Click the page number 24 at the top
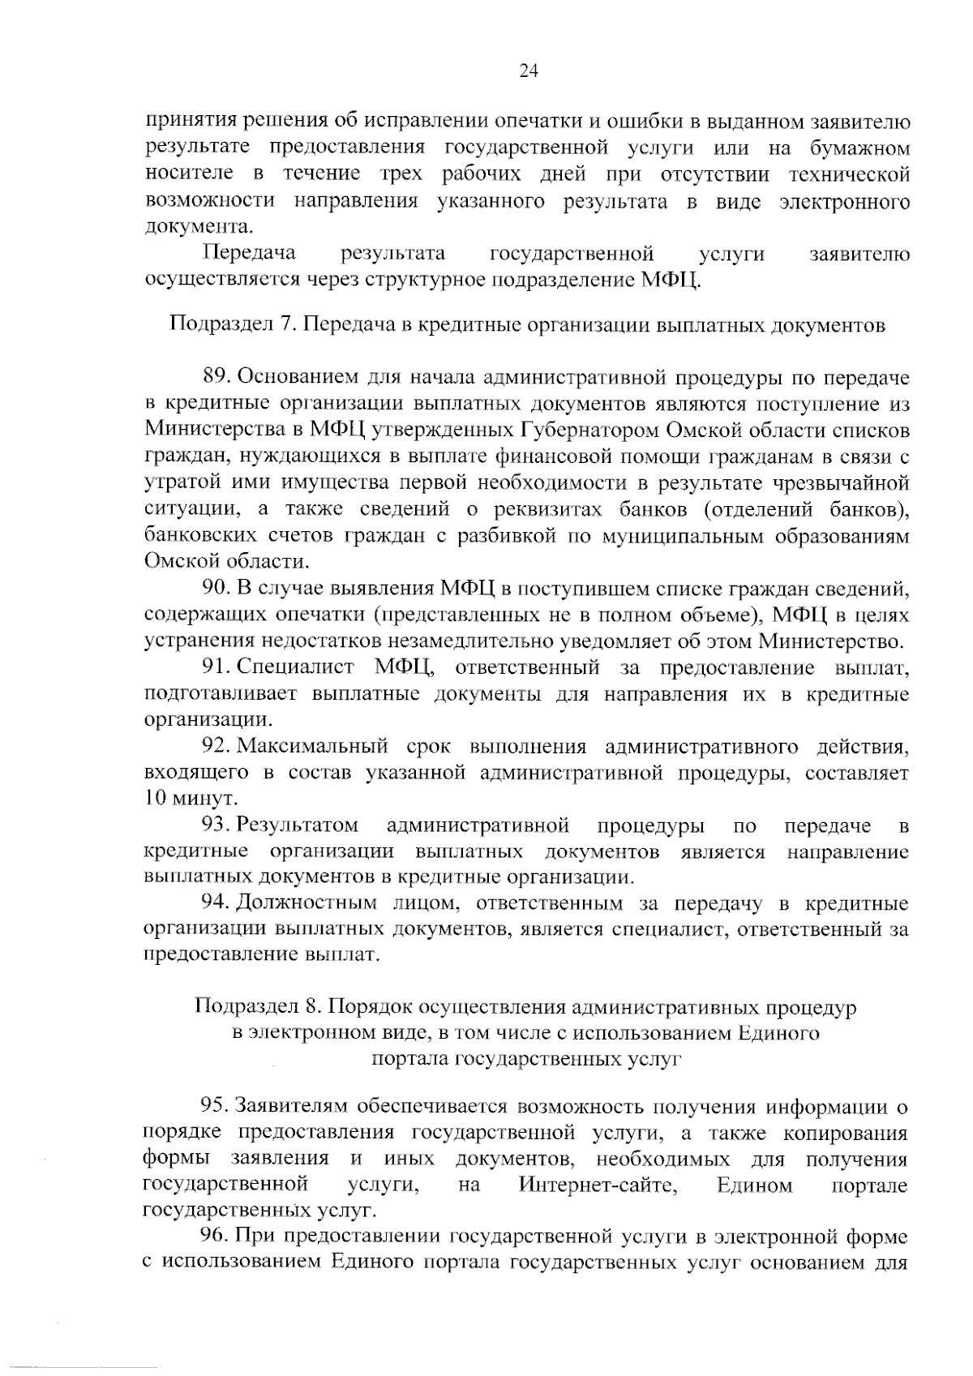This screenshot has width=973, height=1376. coord(528,71)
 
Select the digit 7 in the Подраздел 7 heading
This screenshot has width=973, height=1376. coord(285,325)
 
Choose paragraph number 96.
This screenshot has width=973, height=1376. coord(216,1237)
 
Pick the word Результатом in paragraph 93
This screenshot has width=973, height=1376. coord(298,825)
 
